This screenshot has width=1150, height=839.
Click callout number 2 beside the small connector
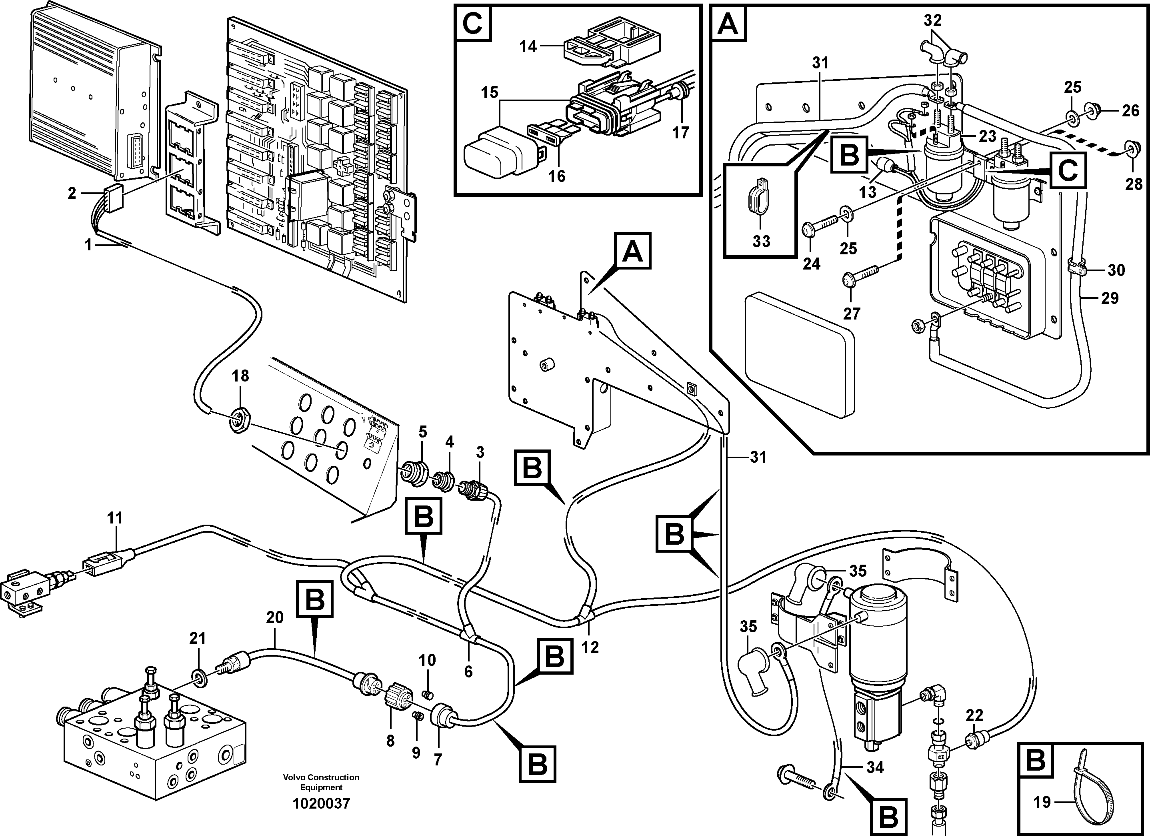(72, 193)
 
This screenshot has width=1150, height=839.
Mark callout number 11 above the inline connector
(115, 519)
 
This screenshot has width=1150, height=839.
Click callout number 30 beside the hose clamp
(1116, 270)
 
